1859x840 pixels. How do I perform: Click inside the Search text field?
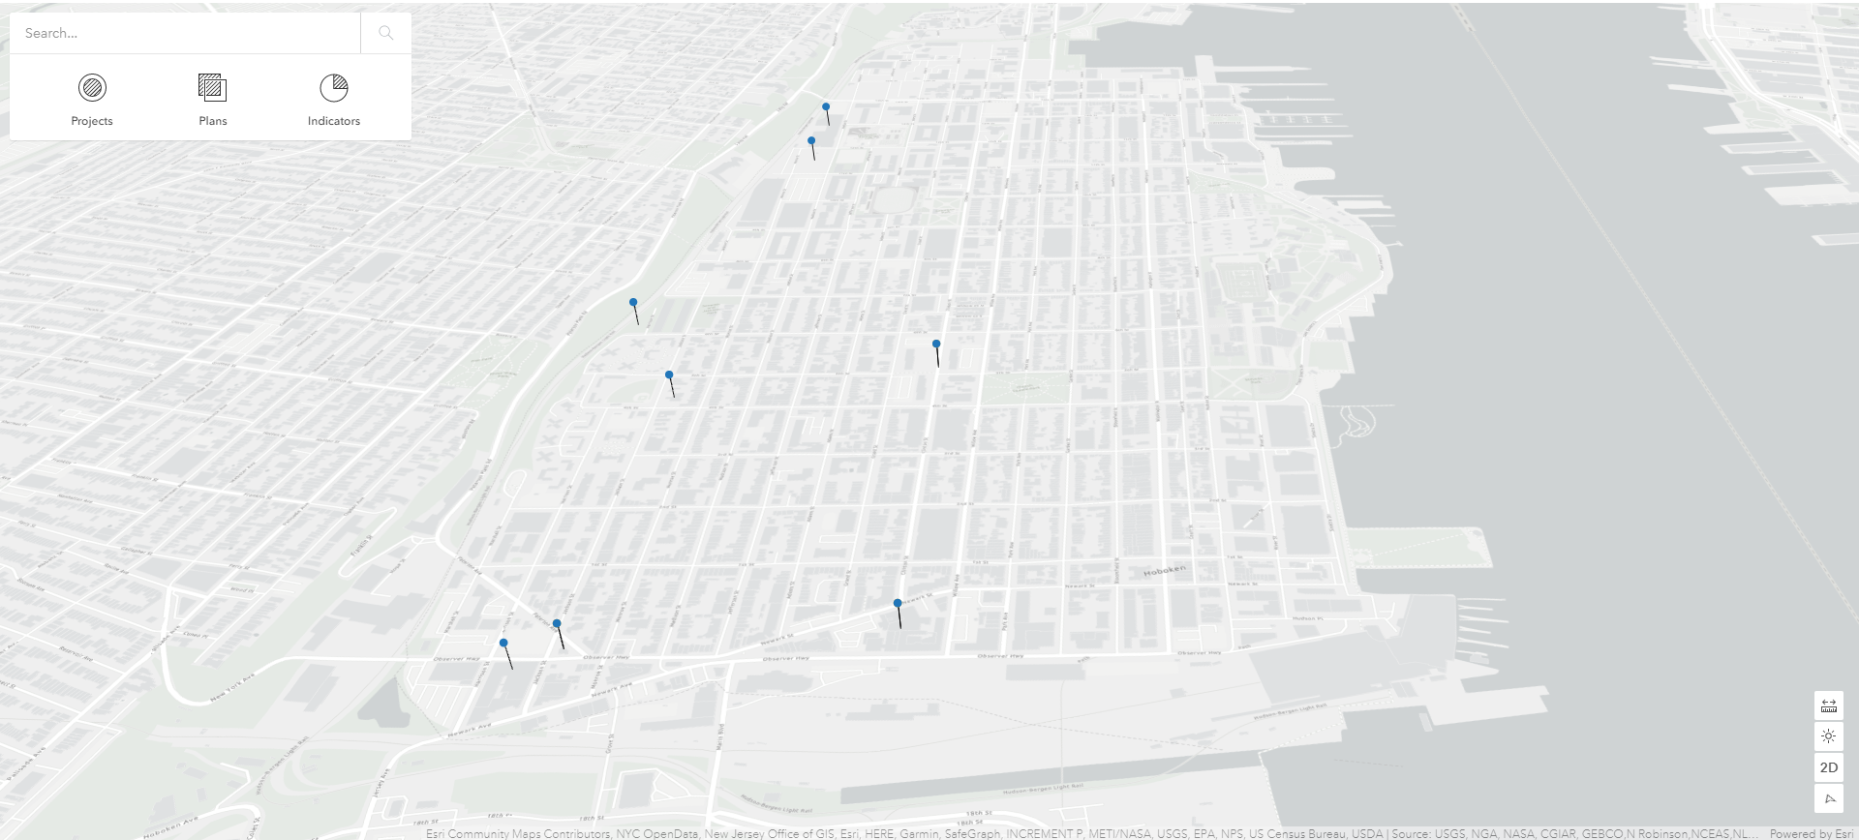pos(184,33)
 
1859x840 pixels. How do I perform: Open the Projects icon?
pos(92,88)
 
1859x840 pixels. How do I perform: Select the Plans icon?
pos(212,88)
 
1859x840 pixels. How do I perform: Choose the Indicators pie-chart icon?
pos(333,88)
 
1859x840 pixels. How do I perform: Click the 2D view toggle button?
pos(1828,767)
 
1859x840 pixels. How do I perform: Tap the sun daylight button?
pos(1828,736)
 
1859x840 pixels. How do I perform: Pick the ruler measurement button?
pos(1828,705)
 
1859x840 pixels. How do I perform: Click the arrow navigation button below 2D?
pos(1828,798)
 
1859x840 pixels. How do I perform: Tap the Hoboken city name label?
pos(1164,571)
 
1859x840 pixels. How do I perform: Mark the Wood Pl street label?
pos(242,589)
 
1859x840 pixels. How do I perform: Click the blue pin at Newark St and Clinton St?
pos(898,603)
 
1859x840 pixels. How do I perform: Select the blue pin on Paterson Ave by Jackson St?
pos(557,623)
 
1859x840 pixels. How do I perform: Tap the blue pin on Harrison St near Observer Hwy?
pos(503,643)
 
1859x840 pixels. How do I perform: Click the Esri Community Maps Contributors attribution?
pos(518,833)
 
